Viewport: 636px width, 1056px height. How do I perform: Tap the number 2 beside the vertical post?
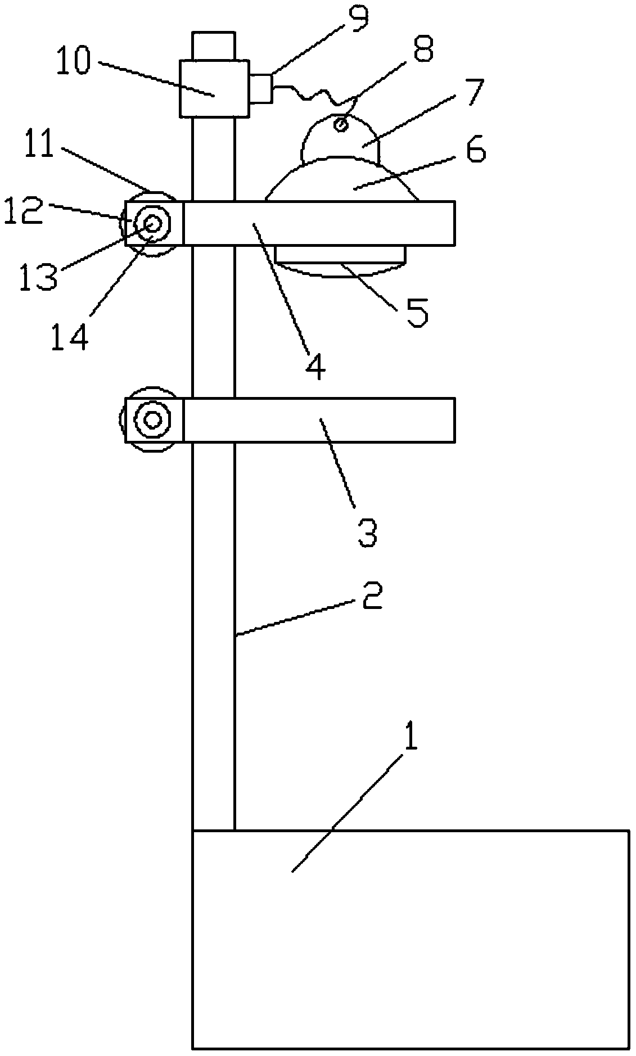(372, 597)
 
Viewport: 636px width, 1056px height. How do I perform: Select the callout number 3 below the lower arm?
(367, 532)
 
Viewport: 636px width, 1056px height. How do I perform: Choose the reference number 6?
(475, 151)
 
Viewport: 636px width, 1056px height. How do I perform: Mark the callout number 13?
(38, 277)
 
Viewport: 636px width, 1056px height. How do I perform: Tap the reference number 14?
(69, 338)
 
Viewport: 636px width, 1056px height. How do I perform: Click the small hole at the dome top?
(340, 123)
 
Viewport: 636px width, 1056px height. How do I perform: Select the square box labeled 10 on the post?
(214, 89)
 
